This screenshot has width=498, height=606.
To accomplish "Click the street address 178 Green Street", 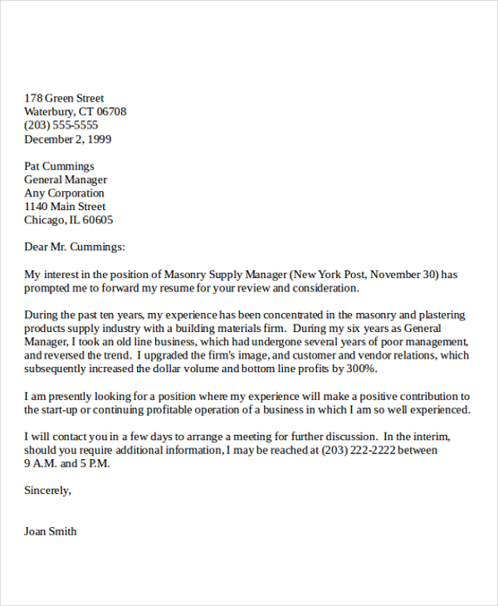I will [x=64, y=98].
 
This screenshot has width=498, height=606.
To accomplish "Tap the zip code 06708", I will [x=111, y=112].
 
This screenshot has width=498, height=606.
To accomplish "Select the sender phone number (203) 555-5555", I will [x=61, y=125].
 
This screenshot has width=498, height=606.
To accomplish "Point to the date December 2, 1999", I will [x=67, y=139].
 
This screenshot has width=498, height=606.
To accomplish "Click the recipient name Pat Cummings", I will [x=59, y=166].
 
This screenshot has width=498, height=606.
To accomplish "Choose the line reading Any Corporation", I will [x=64, y=193].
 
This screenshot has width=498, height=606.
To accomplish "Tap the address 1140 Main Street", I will [x=65, y=207].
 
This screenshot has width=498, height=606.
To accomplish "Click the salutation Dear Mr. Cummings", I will [x=75, y=247].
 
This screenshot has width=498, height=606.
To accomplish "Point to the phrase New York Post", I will [x=327, y=275].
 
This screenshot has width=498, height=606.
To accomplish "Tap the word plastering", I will [x=437, y=315].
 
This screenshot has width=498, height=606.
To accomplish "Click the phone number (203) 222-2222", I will [x=370, y=450].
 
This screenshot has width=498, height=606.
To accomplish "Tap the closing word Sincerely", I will [x=47, y=491].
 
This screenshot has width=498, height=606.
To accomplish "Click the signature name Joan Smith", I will [x=51, y=531].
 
